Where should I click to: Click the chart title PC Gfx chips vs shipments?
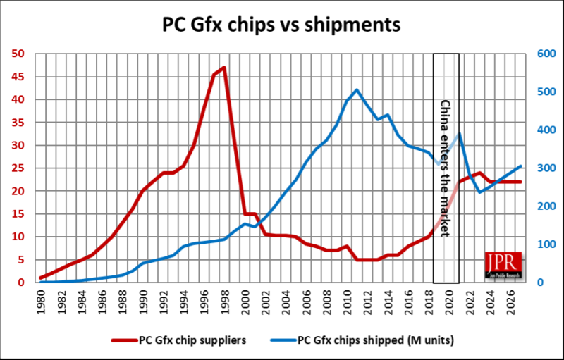282,25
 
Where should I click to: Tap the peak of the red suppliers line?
224,68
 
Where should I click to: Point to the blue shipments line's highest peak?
357,90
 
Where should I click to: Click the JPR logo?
503,265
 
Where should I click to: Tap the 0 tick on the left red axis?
22,283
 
